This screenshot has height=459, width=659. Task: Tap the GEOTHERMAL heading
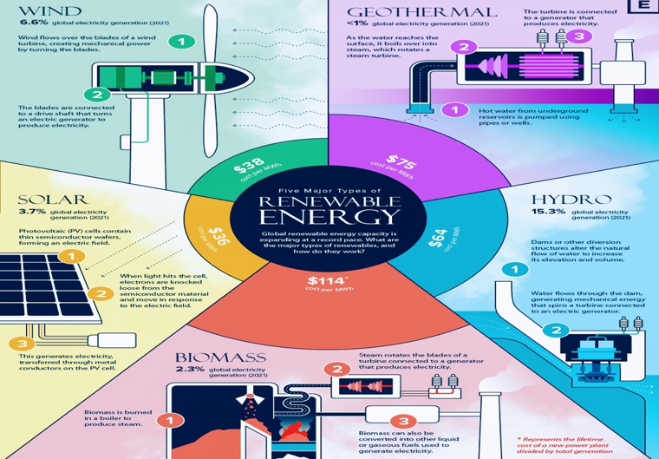pyautogui.click(x=422, y=12)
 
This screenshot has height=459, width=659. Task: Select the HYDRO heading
pyautogui.click(x=571, y=200)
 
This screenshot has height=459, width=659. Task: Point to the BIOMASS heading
pyautogui.click(x=220, y=357)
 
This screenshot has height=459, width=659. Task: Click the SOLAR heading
pyautogui.click(x=53, y=199)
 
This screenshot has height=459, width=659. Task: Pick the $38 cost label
pyautogui.click(x=250, y=165)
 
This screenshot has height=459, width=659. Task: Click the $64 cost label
pyautogui.click(x=438, y=239)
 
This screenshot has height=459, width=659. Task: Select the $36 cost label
pyautogui.click(x=219, y=237)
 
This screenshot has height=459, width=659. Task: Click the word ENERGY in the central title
pyautogui.click(x=329, y=217)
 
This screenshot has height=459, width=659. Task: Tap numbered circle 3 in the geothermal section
pyautogui.click(x=579, y=36)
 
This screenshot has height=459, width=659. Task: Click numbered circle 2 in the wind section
pyautogui.click(x=97, y=95)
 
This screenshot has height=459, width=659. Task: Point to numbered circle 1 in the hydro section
pyautogui.click(x=515, y=269)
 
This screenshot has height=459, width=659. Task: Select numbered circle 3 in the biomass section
pyautogui.click(x=403, y=421)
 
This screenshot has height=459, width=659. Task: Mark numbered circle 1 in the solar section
pyautogui.click(x=71, y=256)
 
